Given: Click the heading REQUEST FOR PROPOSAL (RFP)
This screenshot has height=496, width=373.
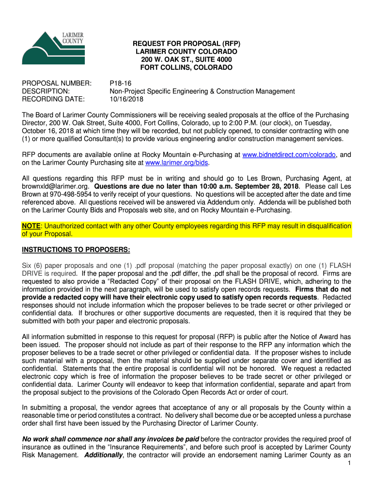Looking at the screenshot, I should click(186, 44).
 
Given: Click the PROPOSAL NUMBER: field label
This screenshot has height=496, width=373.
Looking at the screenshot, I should click(57, 83).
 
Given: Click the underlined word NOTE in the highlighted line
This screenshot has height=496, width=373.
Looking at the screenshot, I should click(31, 226).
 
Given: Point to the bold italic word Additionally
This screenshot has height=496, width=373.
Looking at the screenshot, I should click(105, 456).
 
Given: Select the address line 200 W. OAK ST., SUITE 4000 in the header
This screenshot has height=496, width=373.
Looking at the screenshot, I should click(186, 60).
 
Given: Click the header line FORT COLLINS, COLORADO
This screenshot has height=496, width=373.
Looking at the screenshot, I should click(186, 67).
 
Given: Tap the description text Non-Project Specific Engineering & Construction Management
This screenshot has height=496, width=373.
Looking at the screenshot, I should click(202, 91).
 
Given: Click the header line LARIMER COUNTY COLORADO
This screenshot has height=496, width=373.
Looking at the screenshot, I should click(186, 51).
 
